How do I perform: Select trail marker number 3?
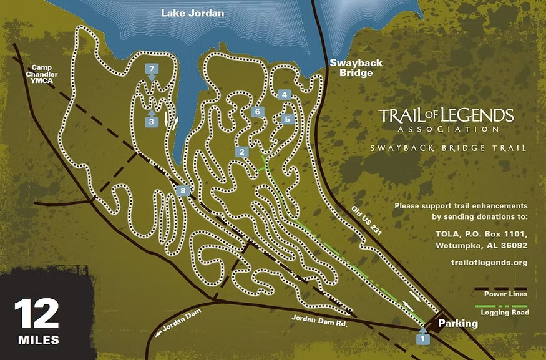click(x=152, y=122)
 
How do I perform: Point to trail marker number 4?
click(x=285, y=95)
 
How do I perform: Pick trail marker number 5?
click(x=288, y=119)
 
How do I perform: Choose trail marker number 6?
click(x=256, y=112)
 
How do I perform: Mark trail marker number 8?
click(x=182, y=191)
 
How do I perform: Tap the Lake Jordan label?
click(x=192, y=12)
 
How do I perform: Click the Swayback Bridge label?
click(x=351, y=68)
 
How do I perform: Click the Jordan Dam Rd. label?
click(x=319, y=321)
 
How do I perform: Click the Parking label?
click(x=457, y=323)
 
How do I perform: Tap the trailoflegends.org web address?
click(x=489, y=263)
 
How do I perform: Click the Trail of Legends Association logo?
click(x=446, y=120)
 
